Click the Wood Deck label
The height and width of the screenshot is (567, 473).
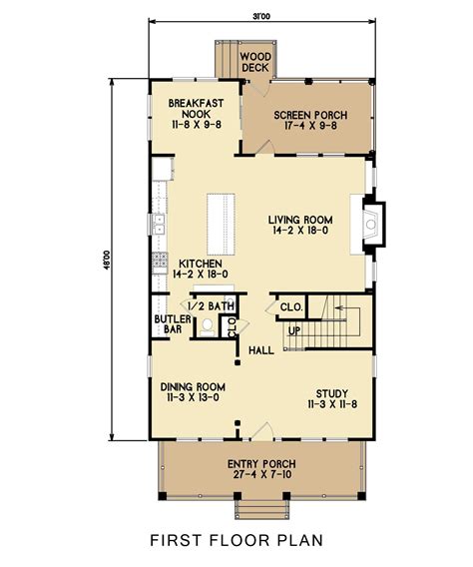255,63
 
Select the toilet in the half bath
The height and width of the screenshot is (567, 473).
207,325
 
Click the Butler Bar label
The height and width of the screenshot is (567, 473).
166,323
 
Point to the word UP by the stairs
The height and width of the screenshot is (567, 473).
294,330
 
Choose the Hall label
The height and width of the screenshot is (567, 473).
261,350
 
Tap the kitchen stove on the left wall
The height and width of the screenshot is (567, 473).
158,263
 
